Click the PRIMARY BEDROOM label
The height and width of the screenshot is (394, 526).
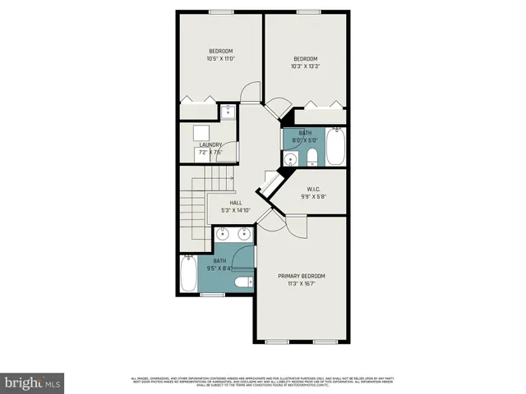(302, 276)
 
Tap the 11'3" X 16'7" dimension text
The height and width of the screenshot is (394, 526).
(302, 285)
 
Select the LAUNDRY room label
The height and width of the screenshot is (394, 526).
(210, 145)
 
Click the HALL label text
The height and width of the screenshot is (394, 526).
(235, 203)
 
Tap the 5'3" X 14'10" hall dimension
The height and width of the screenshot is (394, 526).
(235, 211)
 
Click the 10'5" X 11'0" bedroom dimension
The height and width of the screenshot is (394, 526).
(220, 59)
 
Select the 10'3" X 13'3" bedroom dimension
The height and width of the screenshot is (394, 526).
(306, 66)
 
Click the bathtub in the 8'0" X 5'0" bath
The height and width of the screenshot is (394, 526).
(335, 148)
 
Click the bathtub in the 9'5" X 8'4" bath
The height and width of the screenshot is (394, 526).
(187, 276)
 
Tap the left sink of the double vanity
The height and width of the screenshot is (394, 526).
(222, 235)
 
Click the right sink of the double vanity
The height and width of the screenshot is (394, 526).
(244, 235)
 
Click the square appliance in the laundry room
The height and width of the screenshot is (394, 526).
(201, 133)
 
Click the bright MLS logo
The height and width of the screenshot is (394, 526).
(33, 383)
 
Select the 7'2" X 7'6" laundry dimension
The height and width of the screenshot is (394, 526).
(210, 153)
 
